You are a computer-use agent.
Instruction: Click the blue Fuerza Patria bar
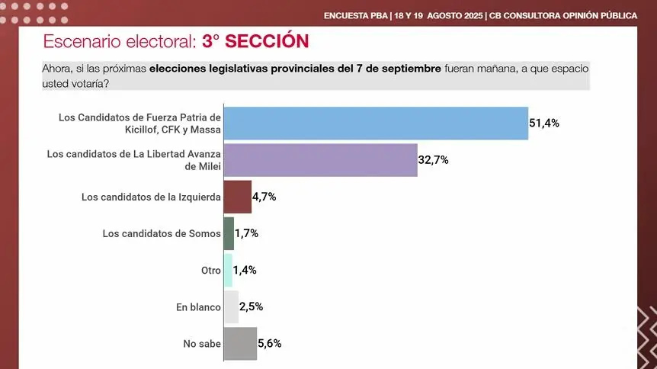376,124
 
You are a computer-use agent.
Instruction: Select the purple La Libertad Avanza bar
320,160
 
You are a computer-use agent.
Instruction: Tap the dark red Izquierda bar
237,197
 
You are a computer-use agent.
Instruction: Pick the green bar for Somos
229,233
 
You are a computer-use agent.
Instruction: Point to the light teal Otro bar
228,270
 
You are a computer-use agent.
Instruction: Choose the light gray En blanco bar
231,306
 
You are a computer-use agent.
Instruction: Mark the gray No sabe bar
240,343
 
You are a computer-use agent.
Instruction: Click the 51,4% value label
544,123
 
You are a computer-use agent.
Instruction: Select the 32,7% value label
434,159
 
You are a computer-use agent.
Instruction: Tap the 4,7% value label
264,197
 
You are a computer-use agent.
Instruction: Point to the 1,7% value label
246,233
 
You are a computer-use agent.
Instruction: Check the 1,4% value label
245,270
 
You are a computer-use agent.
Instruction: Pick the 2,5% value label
252,306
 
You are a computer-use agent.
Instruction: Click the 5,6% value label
269,343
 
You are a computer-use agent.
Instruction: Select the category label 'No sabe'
202,344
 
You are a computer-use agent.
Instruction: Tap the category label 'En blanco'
198,307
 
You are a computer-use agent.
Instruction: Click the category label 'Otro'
210,271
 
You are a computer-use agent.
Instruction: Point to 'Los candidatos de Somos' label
162,233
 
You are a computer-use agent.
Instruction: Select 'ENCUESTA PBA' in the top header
355,15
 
